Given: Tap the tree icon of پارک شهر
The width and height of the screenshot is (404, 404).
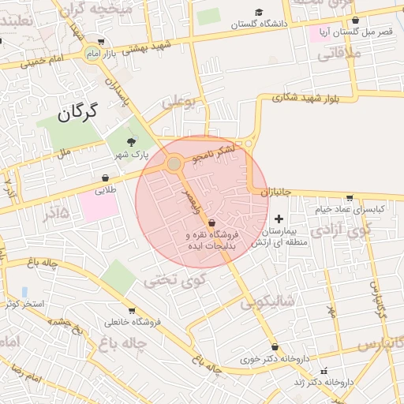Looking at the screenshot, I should pos(130,141).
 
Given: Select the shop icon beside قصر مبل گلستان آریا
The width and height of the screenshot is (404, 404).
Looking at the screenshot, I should pos(355,21).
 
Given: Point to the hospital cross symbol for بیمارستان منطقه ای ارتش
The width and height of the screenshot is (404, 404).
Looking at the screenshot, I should pos(279,218).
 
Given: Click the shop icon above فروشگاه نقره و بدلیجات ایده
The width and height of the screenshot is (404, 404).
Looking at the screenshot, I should pos(211,223).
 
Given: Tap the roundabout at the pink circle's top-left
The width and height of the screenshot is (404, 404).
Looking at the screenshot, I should pos(174,163).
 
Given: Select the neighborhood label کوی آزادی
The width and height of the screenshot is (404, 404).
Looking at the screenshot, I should pos(340,230).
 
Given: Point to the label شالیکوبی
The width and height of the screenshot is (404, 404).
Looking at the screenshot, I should pos(267,301).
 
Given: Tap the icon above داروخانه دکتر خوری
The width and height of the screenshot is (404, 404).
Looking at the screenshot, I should pos(274,346).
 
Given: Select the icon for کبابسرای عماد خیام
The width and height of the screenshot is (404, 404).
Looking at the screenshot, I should pos(350,198).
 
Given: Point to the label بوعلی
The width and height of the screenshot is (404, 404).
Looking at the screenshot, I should pos(178,101).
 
